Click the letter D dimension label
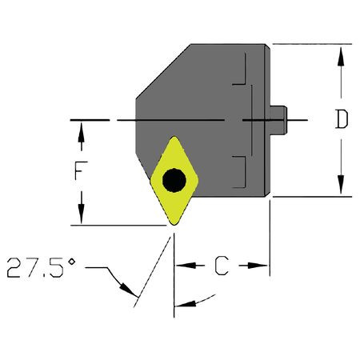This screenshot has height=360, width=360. click(342, 120)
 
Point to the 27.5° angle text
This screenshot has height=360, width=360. click(41, 268)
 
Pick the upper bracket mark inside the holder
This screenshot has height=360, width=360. click(240, 80)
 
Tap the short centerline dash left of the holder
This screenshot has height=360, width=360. click(89, 120)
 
